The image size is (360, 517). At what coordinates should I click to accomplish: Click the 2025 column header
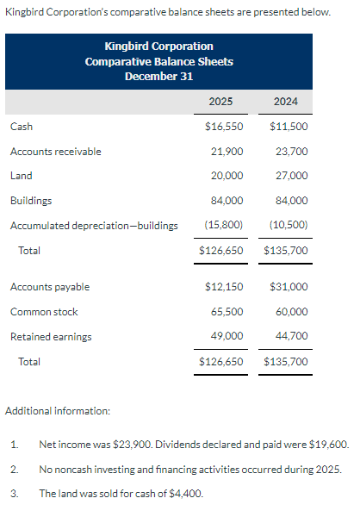[220, 102]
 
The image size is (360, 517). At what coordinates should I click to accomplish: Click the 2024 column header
[286, 102]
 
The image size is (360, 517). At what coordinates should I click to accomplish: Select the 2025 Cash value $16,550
[224, 127]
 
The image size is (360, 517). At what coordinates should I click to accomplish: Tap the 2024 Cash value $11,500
[289, 127]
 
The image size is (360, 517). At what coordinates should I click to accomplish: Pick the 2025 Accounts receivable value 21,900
[227, 152]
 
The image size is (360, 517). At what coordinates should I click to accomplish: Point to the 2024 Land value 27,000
[290, 176]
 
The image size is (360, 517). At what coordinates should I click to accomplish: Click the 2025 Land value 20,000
[227, 176]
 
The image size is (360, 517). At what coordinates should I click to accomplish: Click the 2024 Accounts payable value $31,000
[289, 286]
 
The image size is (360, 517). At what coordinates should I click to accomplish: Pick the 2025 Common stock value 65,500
[227, 311]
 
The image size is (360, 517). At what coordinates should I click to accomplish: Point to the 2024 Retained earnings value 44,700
[290, 336]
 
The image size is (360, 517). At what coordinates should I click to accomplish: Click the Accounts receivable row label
[55, 152]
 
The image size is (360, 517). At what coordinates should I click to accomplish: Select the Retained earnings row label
[51, 336]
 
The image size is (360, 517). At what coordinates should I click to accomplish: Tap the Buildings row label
[30, 201]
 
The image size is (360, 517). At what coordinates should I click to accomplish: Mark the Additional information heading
[58, 411]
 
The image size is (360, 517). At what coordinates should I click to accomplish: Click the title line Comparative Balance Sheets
[158, 61]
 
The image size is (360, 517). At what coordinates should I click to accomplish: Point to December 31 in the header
[158, 76]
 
